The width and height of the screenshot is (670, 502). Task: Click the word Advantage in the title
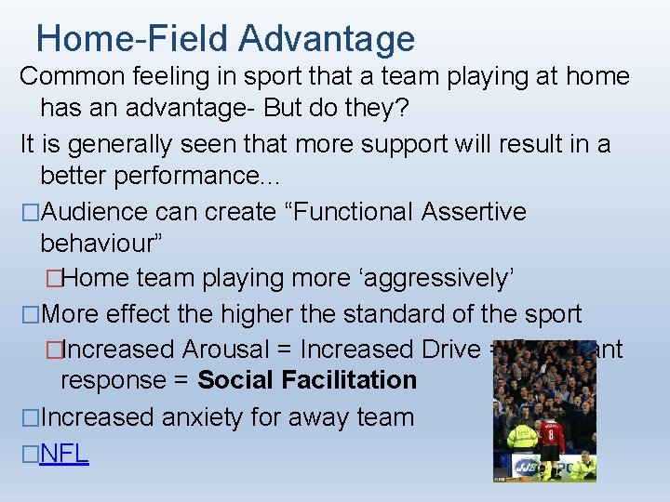click(327, 38)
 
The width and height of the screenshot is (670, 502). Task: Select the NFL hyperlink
click(65, 454)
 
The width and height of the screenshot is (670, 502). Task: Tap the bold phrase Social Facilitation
click(307, 380)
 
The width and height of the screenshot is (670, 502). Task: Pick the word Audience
click(101, 212)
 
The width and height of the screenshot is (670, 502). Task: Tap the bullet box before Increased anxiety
click(30, 417)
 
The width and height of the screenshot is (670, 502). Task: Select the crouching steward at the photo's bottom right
click(583, 468)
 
